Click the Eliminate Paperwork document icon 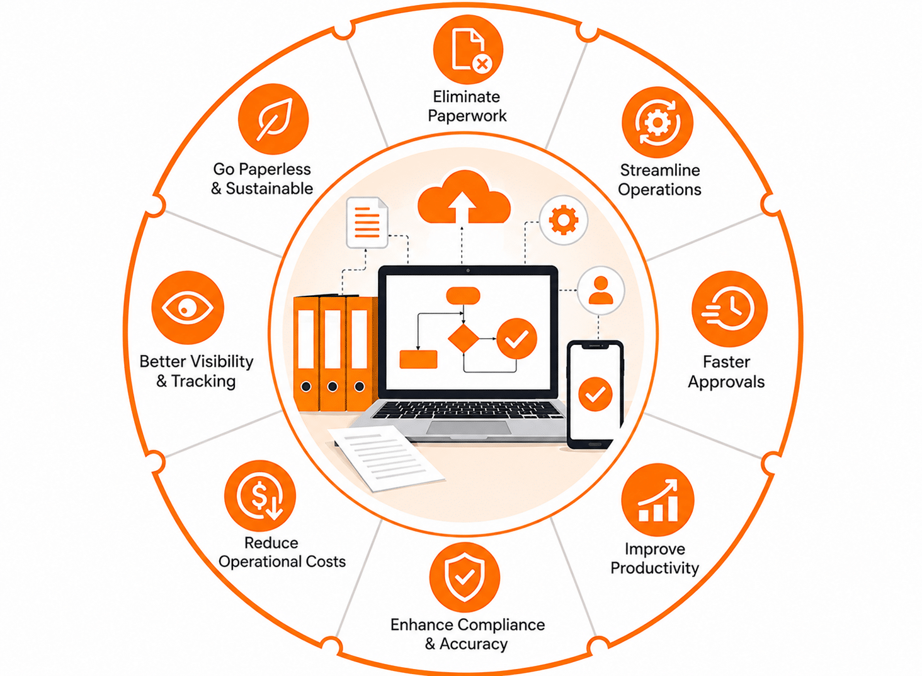[468, 50]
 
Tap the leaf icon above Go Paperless [273, 120]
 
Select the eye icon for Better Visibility [188, 307]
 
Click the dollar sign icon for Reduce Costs [260, 495]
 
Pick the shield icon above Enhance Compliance [465, 577]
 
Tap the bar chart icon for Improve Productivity [657, 500]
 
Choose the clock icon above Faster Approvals [729, 309]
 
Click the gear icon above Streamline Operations [657, 122]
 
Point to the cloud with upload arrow [464, 198]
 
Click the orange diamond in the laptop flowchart [464, 338]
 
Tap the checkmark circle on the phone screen [595, 394]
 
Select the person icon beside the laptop [601, 290]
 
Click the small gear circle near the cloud [564, 220]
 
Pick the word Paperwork [467, 116]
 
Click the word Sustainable [269, 188]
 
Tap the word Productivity [655, 568]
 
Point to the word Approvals [726, 382]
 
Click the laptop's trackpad [469, 428]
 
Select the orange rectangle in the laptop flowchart [418, 359]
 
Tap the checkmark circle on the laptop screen [516, 339]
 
